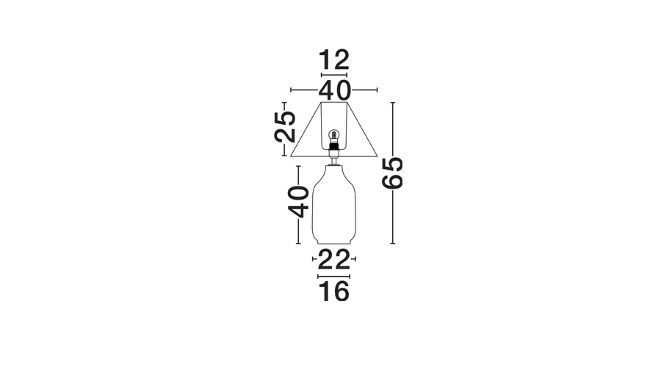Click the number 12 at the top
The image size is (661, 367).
[334, 60]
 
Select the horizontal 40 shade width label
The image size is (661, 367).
[334, 90]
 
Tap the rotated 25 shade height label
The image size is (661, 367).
[285, 126]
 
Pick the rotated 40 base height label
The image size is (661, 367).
[299, 202]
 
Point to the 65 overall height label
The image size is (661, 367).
[392, 172]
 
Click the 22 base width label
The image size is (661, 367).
[334, 260]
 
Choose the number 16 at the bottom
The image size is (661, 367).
[334, 291]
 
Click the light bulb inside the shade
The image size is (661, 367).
[334, 136]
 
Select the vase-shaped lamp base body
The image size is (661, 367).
[334, 205]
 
